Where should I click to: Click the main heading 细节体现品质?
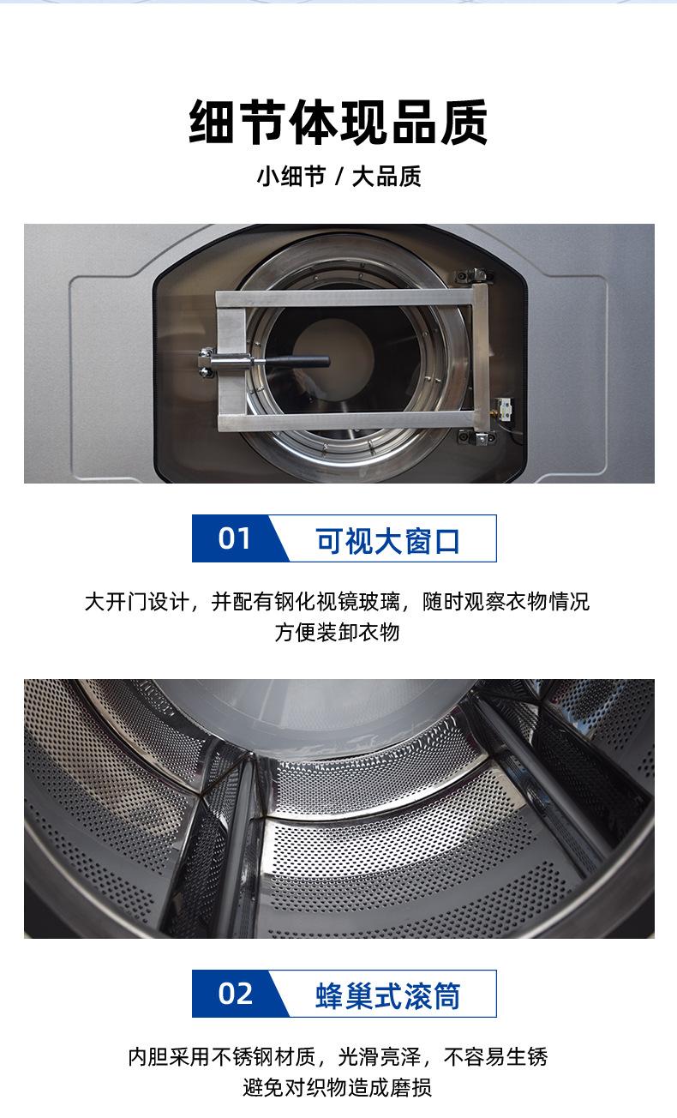pos(338,123)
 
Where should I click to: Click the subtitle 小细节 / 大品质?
pos(338,177)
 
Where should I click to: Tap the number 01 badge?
pos(234,538)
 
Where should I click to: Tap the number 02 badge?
pos(234,994)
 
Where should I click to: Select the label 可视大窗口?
pos(388,540)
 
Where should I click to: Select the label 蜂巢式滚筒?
pos(388,995)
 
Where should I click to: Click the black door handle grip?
pos(300,361)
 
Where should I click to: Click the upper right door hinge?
pos(474,276)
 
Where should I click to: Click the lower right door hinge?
pos(474,438)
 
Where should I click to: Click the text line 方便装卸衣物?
pos(338,633)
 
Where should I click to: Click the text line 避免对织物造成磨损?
pos(338,1088)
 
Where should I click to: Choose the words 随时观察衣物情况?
pos(506,602)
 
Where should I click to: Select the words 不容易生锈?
pos(494,1057)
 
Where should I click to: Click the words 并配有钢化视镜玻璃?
pos(306,602)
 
